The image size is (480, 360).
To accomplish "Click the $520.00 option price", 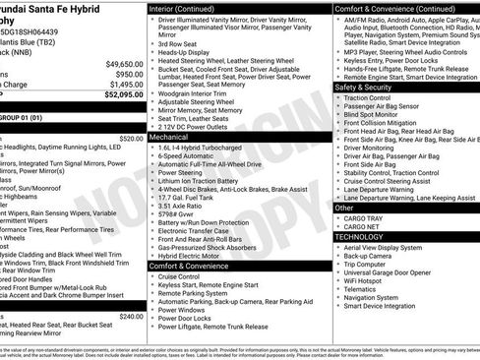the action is tap(130, 139).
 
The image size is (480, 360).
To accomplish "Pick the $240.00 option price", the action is tap(130, 316).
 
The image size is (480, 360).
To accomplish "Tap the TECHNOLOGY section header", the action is tap(359, 237).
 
